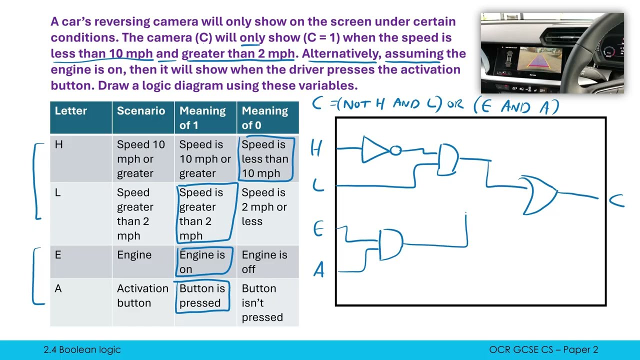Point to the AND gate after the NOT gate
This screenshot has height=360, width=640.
[448, 159]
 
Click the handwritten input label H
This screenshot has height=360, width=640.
[316, 148]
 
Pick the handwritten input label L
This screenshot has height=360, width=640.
[318, 186]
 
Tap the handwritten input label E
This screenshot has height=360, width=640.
[318, 229]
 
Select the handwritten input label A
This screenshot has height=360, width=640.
[319, 270]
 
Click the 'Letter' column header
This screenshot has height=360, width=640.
[71, 111]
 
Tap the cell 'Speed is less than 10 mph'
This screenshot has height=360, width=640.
[265, 159]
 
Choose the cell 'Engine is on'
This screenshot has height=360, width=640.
[202, 262]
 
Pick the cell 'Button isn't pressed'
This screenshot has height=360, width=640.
[262, 302]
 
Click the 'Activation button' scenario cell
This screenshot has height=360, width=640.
[142, 295]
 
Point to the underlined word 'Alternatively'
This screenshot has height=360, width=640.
[340, 53]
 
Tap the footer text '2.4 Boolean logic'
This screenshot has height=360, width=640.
[82, 350]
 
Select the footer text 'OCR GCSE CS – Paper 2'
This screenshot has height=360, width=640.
[543, 350]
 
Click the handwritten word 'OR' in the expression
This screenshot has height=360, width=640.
[454, 105]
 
